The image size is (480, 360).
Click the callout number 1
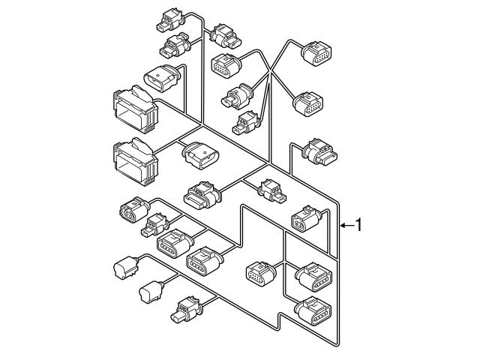pos(358,225)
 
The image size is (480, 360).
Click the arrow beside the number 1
pos(347,225)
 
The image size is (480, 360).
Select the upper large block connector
pos(136,109)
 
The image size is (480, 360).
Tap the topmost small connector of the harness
pos(170,20)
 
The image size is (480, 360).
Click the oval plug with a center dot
pos(161,78)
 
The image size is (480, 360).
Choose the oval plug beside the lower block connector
pos(201,155)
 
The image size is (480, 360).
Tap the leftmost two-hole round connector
pos(133,210)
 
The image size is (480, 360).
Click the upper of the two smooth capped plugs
pos(125,267)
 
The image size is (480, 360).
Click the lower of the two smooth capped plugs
pos(151,292)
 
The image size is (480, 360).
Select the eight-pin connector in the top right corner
pos(316,53)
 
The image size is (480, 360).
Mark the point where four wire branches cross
pos(270,72)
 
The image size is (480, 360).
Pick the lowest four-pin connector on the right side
pos(313,311)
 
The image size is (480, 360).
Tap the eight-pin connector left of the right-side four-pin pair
pos(261,273)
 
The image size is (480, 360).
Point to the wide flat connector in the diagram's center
pos(202,195)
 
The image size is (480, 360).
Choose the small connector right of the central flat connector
pos(271,190)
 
